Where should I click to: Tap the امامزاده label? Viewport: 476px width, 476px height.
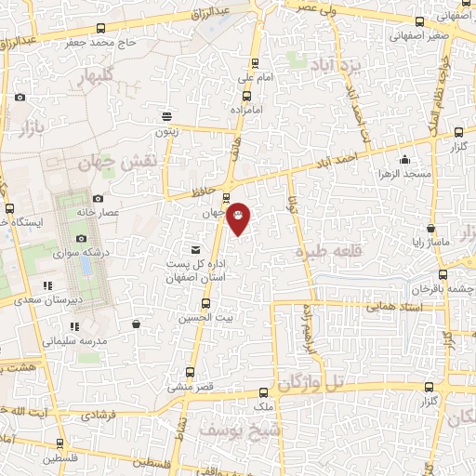(247, 109)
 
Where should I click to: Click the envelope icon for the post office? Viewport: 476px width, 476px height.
(195, 248)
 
